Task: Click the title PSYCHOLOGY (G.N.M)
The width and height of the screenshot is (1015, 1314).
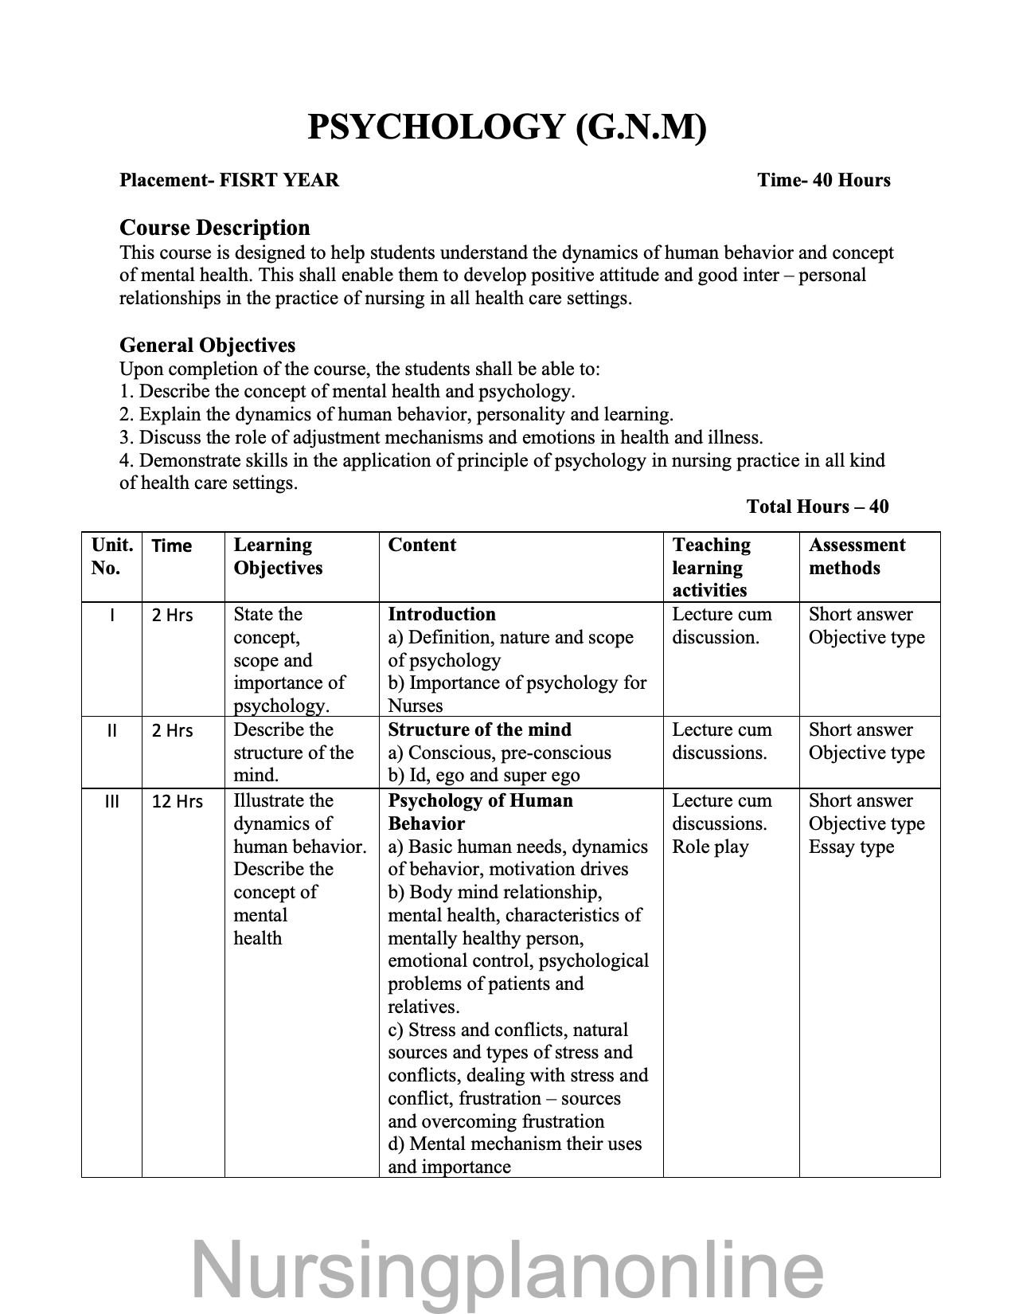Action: tap(506, 127)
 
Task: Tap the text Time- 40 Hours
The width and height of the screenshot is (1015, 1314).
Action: tap(824, 180)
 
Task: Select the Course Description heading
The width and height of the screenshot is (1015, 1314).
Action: tap(214, 228)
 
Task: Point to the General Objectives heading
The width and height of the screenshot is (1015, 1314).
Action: tap(207, 345)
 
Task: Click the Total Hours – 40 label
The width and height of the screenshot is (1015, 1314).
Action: tap(818, 506)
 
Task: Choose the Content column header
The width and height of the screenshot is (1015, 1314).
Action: tap(422, 545)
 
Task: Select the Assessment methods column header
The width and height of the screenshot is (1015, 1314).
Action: tap(857, 556)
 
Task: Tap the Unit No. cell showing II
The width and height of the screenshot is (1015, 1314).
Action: tap(111, 730)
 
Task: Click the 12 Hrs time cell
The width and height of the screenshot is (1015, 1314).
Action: tap(178, 801)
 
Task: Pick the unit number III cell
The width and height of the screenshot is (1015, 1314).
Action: tap(111, 801)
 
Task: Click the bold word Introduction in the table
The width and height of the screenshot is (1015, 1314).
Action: tap(441, 614)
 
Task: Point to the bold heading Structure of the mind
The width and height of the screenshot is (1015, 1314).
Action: tap(479, 729)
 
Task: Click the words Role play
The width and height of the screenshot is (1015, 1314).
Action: tap(710, 847)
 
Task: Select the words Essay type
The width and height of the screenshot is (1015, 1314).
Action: tap(851, 847)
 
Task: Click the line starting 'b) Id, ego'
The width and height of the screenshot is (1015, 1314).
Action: tap(483, 775)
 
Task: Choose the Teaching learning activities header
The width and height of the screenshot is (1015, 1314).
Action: tap(711, 567)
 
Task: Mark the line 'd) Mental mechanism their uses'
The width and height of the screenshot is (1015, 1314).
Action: tap(514, 1144)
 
